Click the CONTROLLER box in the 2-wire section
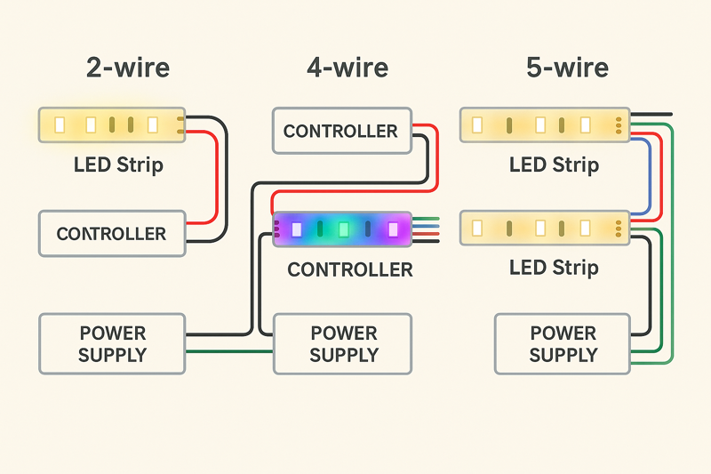112,234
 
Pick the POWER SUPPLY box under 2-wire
112,343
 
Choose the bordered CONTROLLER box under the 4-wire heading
341,131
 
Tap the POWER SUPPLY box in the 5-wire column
563,343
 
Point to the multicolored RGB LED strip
341,229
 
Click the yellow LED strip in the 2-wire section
112,125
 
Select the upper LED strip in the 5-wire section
544,125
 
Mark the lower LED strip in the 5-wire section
544,229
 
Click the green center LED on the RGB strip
344,229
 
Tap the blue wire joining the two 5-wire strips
647,178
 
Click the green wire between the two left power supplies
228,351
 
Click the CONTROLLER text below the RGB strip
349,269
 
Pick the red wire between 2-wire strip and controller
217,178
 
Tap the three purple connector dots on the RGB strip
277,229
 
